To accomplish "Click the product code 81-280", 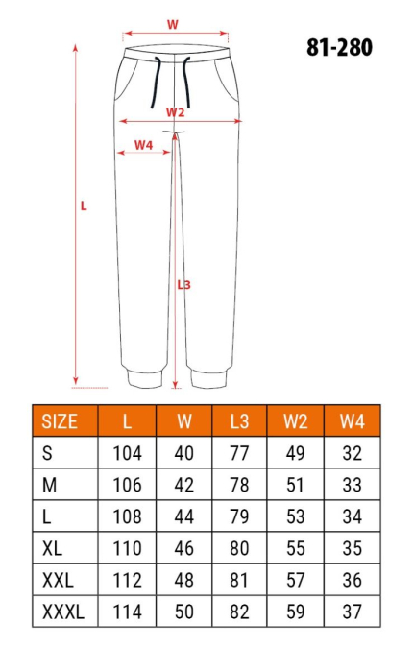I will pos(341,46).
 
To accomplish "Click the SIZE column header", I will pos(61,420).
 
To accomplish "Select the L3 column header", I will pos(240,420).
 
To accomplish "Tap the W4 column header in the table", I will pos(352,420).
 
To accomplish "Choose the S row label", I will pos(47,452).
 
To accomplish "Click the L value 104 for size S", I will pos(127,452).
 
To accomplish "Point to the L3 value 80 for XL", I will pos(240,547).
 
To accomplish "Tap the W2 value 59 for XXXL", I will pos(296,611).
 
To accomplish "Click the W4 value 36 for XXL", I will pos(352,579).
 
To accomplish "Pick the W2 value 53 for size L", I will pos(296,516).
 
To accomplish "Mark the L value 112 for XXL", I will pos(127,579).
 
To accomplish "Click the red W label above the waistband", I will pos(173,24).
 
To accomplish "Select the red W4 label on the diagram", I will pos(142,144).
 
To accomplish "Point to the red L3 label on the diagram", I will pos(184,284).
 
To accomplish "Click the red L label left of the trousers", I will pos(84,204).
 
